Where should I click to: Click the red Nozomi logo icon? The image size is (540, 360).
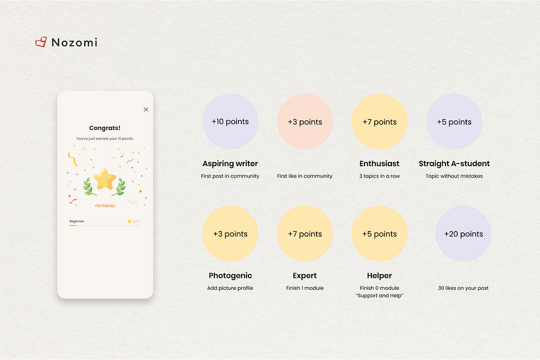(x=41, y=42)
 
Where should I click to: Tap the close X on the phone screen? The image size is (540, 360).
(x=146, y=110)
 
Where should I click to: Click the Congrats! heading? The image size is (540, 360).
(x=105, y=128)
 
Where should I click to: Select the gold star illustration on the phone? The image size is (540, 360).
(x=105, y=179)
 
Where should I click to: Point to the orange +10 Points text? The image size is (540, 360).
(x=105, y=206)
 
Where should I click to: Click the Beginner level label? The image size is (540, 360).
(x=77, y=221)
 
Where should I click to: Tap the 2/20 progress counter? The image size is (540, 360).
(x=137, y=221)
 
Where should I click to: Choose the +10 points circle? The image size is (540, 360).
(x=230, y=121)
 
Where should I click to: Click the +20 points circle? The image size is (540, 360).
(x=463, y=234)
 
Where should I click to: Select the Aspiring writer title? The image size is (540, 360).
(x=230, y=164)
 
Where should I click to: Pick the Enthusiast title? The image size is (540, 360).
(x=380, y=164)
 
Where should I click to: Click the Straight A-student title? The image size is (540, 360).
(x=454, y=164)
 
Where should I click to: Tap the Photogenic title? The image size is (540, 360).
(x=230, y=276)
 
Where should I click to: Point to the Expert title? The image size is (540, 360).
(x=305, y=276)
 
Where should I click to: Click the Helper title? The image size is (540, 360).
(x=380, y=276)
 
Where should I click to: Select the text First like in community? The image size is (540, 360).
(x=305, y=176)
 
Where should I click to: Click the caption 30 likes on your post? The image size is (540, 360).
(x=463, y=288)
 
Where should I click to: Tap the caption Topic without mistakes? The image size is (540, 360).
(x=454, y=176)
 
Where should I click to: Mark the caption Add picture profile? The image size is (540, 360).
(x=230, y=288)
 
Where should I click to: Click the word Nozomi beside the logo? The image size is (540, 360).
(x=75, y=42)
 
